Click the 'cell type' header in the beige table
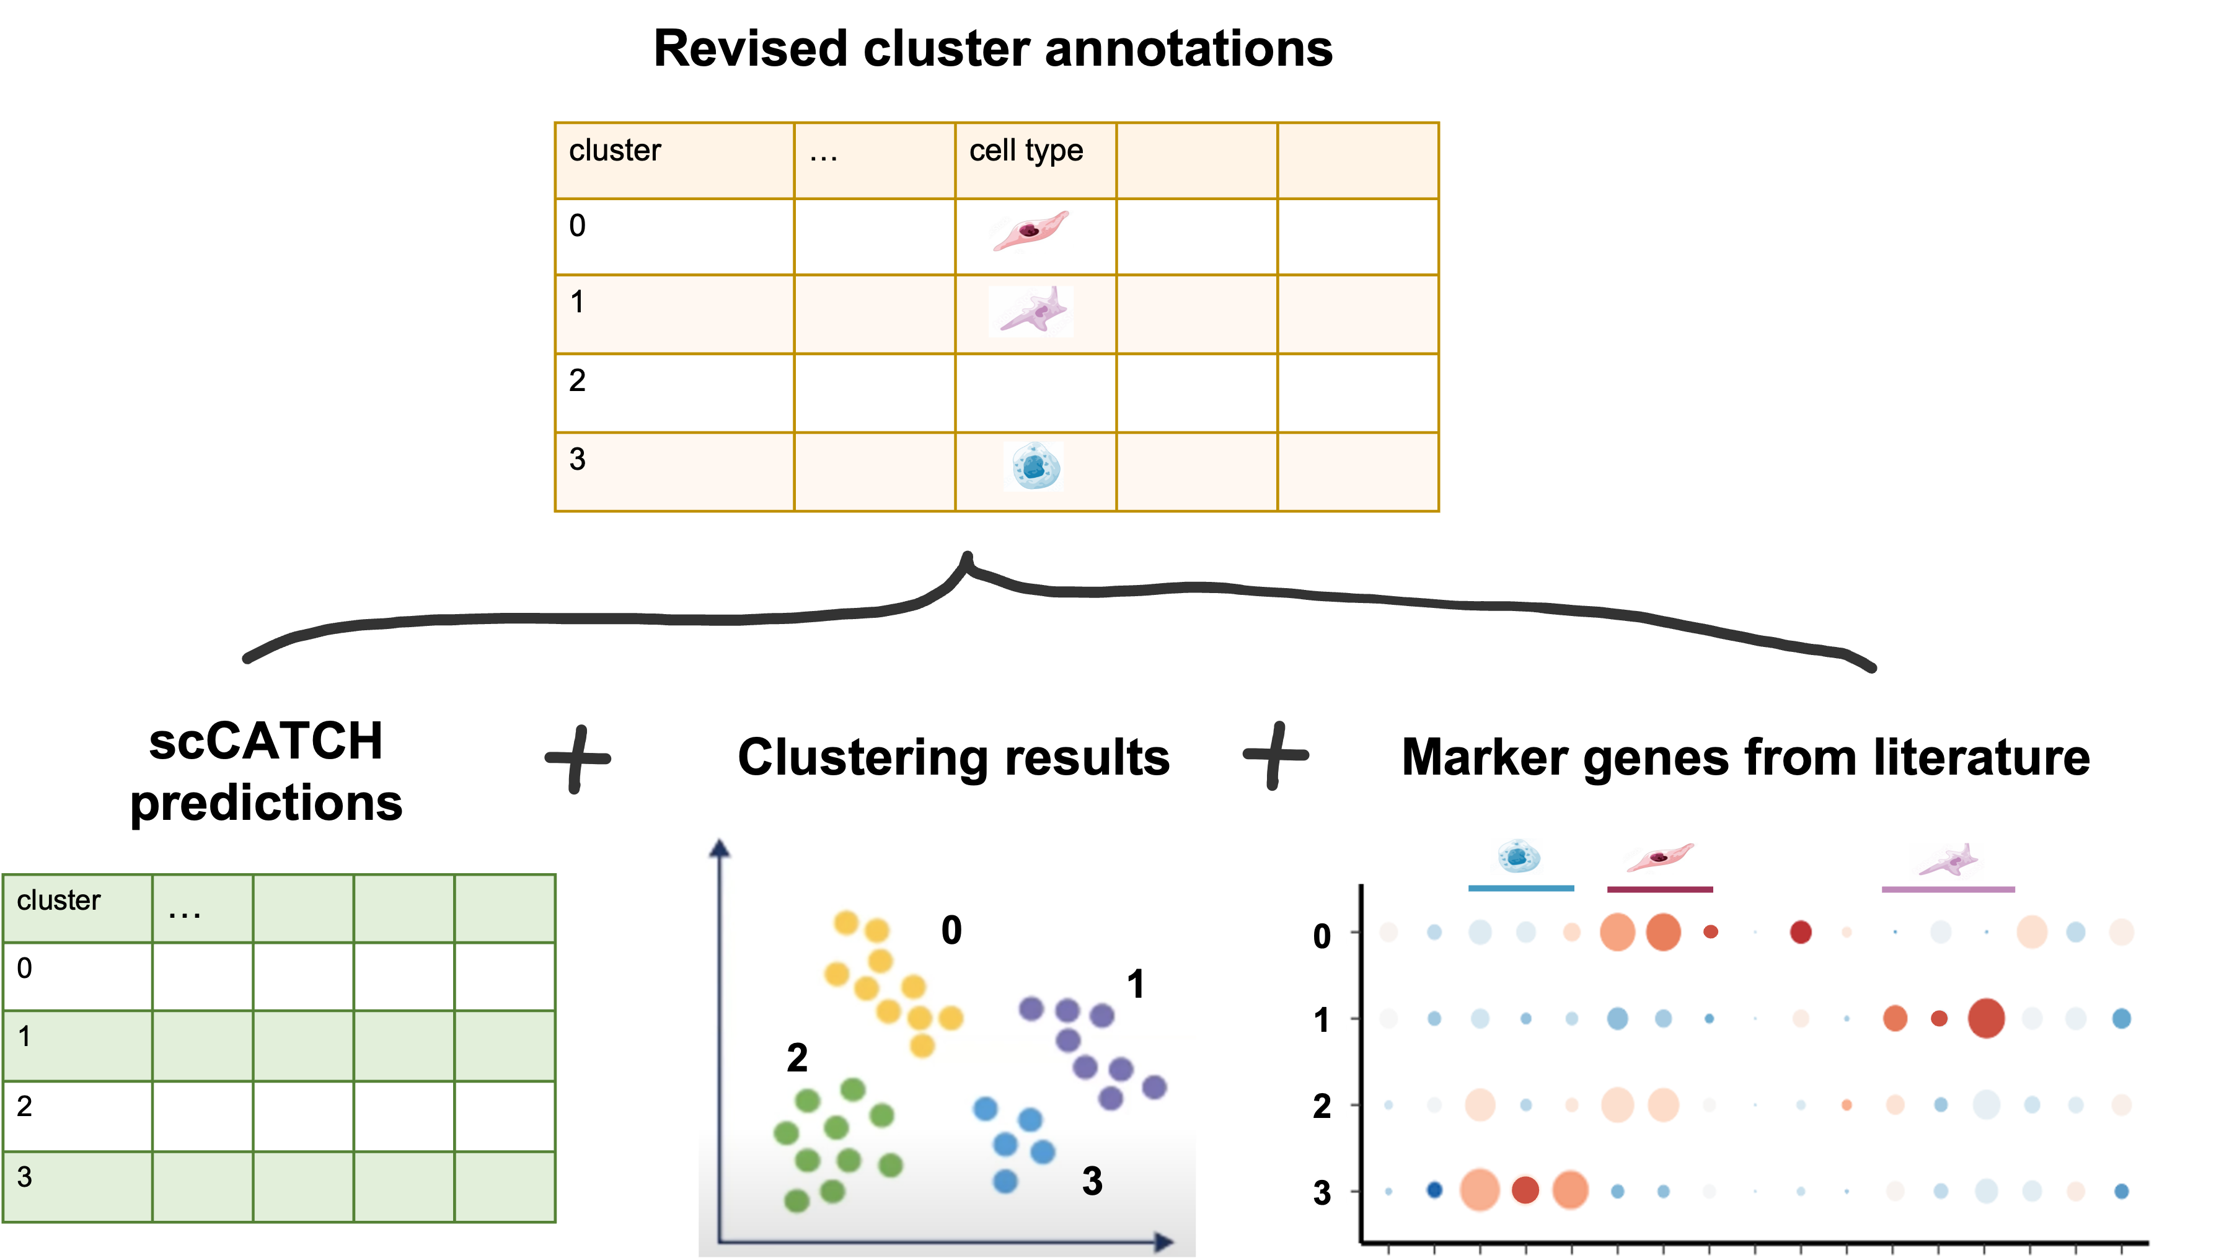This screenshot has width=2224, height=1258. pos(1026,151)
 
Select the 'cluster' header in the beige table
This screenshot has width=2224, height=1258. pos(614,151)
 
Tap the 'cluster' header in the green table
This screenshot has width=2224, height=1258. pos(59,900)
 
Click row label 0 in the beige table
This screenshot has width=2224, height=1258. pos(577,226)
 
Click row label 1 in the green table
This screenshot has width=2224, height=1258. pos(24,1036)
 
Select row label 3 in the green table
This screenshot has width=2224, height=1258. pos(24,1177)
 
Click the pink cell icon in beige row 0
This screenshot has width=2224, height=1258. pos(1030,231)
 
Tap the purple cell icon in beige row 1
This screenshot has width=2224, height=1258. pos(1031,311)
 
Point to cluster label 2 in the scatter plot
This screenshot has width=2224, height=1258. pos(796,1058)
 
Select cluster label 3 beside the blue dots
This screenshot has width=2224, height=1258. pos(1092,1181)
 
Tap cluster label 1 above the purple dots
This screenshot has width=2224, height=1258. pos(1136,985)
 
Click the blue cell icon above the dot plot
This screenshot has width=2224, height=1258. pos(1516,857)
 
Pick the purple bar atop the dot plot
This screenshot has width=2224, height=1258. pos(1948,889)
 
